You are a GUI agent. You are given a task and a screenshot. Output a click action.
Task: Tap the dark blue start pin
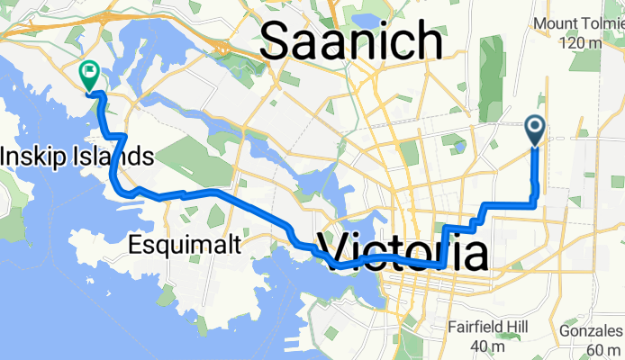pyautogui.click(x=534, y=130)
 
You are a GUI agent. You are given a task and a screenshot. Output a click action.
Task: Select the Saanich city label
pyautogui.click(x=353, y=41)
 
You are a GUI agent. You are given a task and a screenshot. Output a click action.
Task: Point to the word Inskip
pyautogui.click(x=34, y=157)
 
